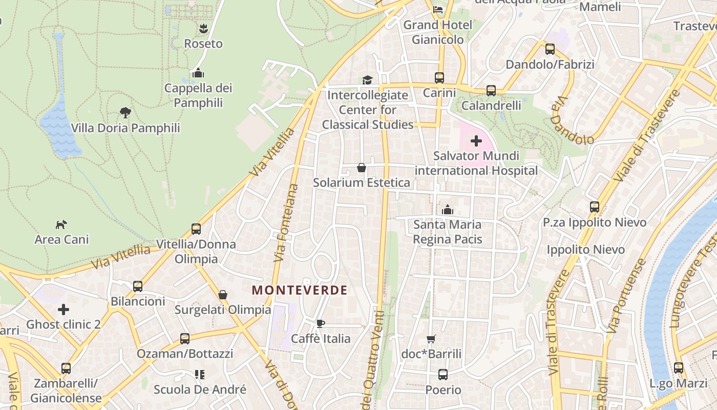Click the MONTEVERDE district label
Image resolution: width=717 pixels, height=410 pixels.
[x=300, y=290]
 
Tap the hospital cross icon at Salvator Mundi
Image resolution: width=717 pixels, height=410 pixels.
[x=476, y=140]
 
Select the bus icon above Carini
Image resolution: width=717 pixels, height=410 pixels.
[x=439, y=77]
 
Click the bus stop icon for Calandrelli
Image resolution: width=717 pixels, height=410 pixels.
[x=491, y=91]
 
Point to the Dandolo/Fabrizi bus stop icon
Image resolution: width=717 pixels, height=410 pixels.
[x=550, y=49]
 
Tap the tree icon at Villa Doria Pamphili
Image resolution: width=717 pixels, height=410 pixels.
[x=125, y=112]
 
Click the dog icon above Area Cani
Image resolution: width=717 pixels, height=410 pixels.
[x=61, y=224]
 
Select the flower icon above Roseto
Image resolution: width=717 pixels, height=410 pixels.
[x=203, y=28]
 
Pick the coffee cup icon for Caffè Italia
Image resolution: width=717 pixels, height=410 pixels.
[x=321, y=323]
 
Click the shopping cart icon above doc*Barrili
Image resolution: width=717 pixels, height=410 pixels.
[x=431, y=339]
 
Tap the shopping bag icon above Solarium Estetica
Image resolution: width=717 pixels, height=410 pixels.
[x=362, y=168]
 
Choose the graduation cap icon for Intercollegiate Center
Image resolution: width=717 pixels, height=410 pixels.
[x=367, y=80]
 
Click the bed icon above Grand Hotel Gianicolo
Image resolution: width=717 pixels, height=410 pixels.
[x=438, y=9]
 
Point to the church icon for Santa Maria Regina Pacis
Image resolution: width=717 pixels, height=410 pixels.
[x=448, y=210]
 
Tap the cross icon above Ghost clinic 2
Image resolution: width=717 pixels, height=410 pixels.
[x=64, y=310]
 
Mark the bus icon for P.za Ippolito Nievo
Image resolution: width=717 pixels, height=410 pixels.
[x=595, y=207]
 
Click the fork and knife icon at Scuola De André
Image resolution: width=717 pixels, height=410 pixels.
[x=200, y=375]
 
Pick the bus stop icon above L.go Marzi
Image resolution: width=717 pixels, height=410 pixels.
[x=679, y=368]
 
